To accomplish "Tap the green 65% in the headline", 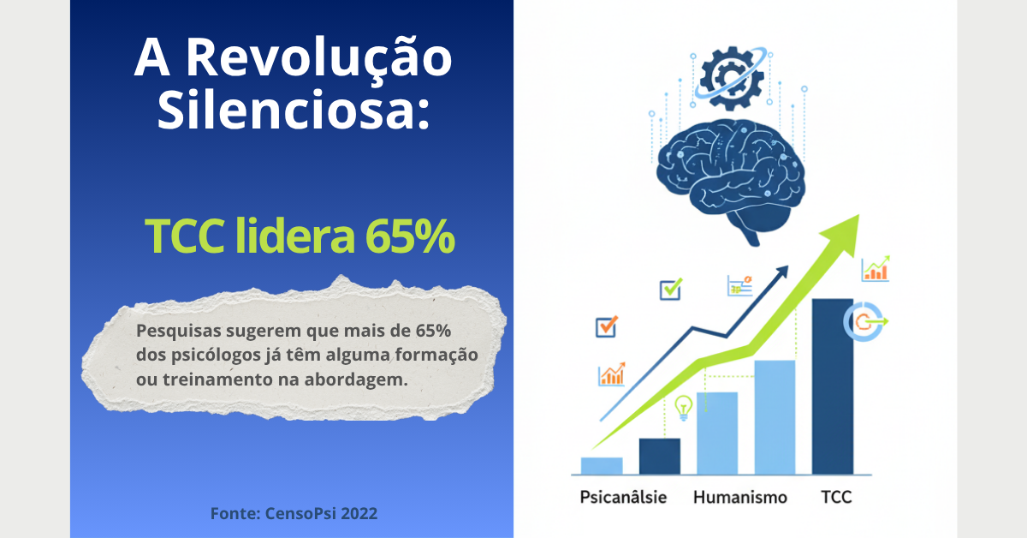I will (411, 237).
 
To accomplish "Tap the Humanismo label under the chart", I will (740, 497).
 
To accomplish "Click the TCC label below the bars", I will (836, 497).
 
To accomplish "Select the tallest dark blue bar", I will (832, 386).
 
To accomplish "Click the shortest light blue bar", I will (602, 465).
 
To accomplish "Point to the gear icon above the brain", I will (729, 79).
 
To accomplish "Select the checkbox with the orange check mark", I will (606, 326).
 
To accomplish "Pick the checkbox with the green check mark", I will (670, 290).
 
